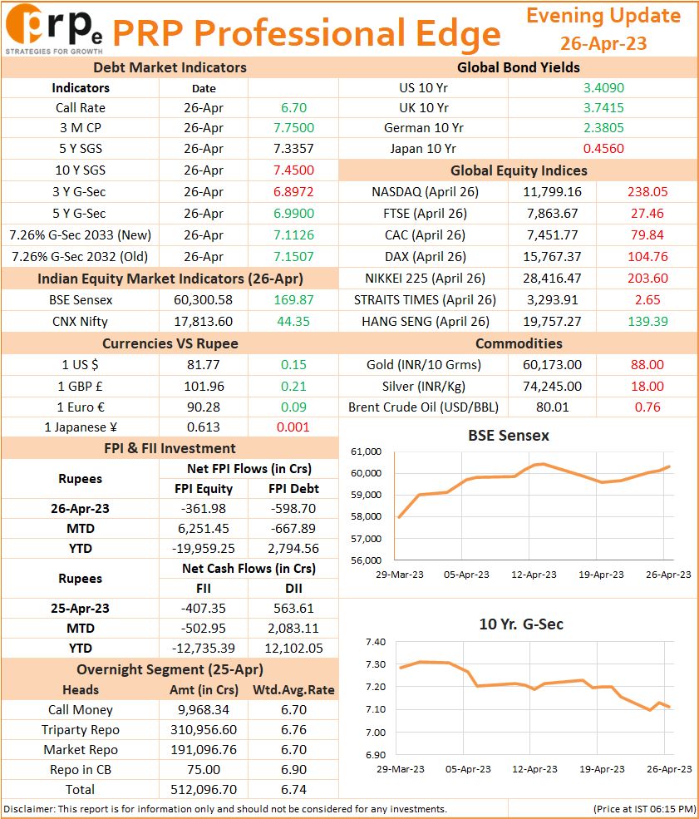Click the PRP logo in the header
pyautogui.click(x=54, y=29)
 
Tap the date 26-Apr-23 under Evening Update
pyautogui.click(x=603, y=43)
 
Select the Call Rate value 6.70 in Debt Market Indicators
pyautogui.click(x=293, y=107)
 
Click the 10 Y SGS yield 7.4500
pyautogui.click(x=293, y=170)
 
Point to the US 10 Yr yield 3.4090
pyautogui.click(x=603, y=88)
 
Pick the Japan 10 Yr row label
pyautogui.click(x=423, y=149)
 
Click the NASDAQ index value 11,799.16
pyautogui.click(x=553, y=192)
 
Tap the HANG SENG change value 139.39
pyautogui.click(x=647, y=322)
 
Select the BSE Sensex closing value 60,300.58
pyautogui.click(x=203, y=300)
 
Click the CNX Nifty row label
pyautogui.click(x=80, y=322)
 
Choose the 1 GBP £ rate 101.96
pyautogui.click(x=204, y=387)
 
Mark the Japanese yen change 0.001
pyautogui.click(x=293, y=427)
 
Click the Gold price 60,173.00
pyautogui.click(x=553, y=365)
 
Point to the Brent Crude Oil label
pyautogui.click(x=423, y=407)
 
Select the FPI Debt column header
pyautogui.click(x=293, y=489)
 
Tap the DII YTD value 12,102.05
pyautogui.click(x=293, y=649)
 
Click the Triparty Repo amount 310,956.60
pyautogui.click(x=204, y=730)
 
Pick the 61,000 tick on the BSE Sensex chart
pyautogui.click(x=366, y=451)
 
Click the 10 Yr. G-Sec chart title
pyautogui.click(x=521, y=624)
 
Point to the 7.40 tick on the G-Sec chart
pyautogui.click(x=376, y=642)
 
